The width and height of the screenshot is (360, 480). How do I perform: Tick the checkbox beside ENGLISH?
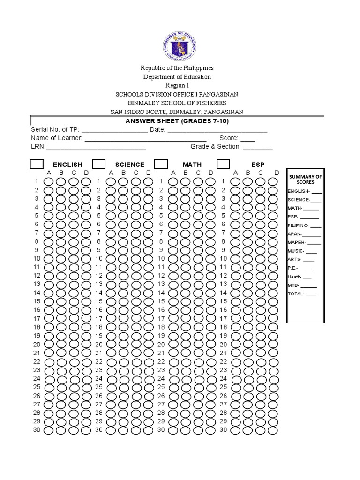(37, 164)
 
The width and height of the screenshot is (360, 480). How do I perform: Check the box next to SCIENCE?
(99, 164)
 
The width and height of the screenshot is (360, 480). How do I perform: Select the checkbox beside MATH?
(161, 164)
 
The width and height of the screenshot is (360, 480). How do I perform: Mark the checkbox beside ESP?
(223, 164)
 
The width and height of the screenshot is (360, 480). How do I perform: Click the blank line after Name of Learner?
(145, 138)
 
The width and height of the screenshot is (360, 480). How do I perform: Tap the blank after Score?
(247, 138)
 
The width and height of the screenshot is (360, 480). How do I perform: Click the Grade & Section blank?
(257, 147)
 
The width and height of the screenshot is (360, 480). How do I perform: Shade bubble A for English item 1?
(49, 181)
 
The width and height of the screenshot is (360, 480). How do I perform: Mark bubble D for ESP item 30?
(272, 430)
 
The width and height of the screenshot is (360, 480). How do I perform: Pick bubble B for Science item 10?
(123, 259)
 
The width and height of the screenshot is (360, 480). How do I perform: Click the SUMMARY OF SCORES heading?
(306, 179)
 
